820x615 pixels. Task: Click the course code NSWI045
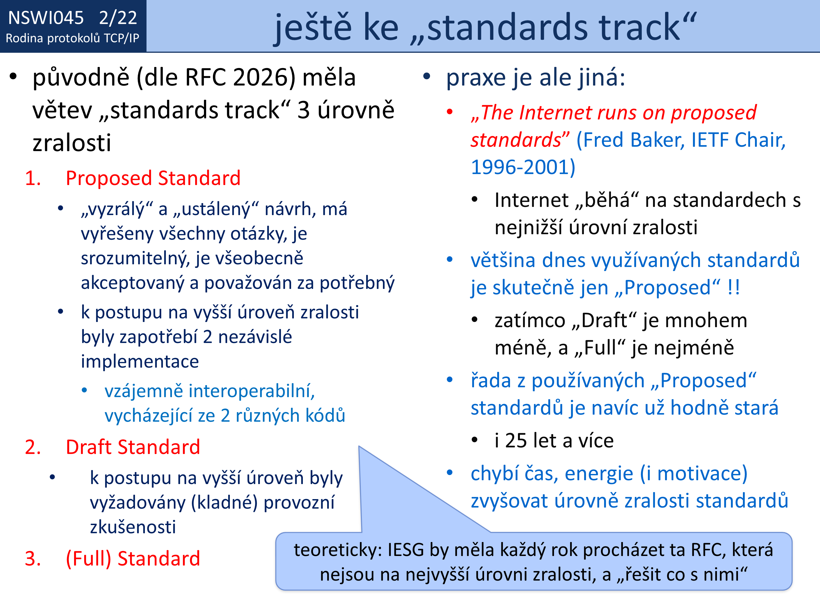pos(46,18)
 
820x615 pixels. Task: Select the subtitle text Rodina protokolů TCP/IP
pos(73,38)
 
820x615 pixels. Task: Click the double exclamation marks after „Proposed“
pos(734,287)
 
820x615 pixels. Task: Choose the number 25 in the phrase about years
pos(516,441)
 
